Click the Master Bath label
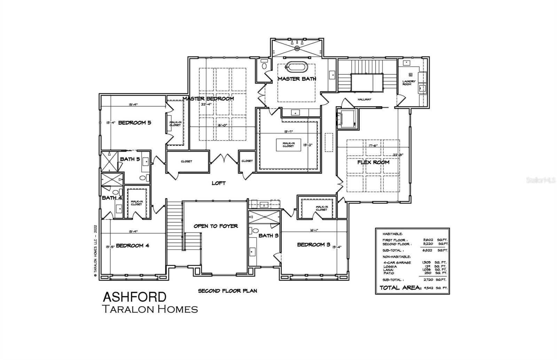pyautogui.click(x=297, y=79)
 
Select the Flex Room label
pyautogui.click(x=373, y=162)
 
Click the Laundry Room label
pyautogui.click(x=409, y=83)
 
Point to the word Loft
pyautogui.click(x=219, y=183)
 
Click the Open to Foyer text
pyautogui.click(x=216, y=226)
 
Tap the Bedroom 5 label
pyautogui.click(x=134, y=122)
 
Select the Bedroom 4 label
pyautogui.click(x=132, y=246)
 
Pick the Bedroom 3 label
pyautogui.click(x=313, y=245)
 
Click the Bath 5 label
pyautogui.click(x=130, y=159)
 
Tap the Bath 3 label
pyautogui.click(x=268, y=235)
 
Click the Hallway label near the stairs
pyautogui.click(x=364, y=99)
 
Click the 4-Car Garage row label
pyautogui.click(x=397, y=263)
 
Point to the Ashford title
pyautogui.click(x=134, y=297)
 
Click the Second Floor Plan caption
pyautogui.click(x=227, y=291)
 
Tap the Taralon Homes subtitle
pyautogui.click(x=150, y=309)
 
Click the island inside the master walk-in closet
pyautogui.click(x=288, y=145)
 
